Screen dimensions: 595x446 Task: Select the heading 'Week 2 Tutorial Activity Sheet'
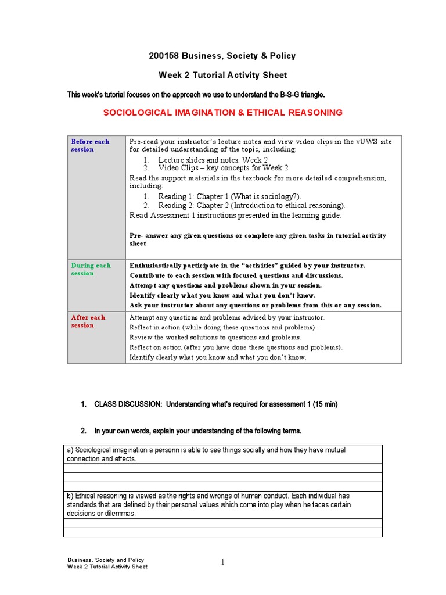(x=223, y=75)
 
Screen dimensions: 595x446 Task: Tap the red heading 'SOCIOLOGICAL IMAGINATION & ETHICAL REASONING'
(x=223, y=113)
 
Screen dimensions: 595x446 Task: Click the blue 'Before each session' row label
(x=90, y=145)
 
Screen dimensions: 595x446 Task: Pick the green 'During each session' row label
(x=91, y=269)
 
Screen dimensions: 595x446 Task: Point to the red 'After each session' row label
(x=88, y=321)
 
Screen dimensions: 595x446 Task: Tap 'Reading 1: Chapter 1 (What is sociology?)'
(x=229, y=197)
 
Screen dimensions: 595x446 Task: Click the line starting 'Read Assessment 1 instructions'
(x=236, y=215)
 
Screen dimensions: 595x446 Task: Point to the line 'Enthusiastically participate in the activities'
(x=247, y=266)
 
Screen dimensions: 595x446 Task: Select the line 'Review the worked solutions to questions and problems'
(x=215, y=337)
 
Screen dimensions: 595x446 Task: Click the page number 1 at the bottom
(x=222, y=562)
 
